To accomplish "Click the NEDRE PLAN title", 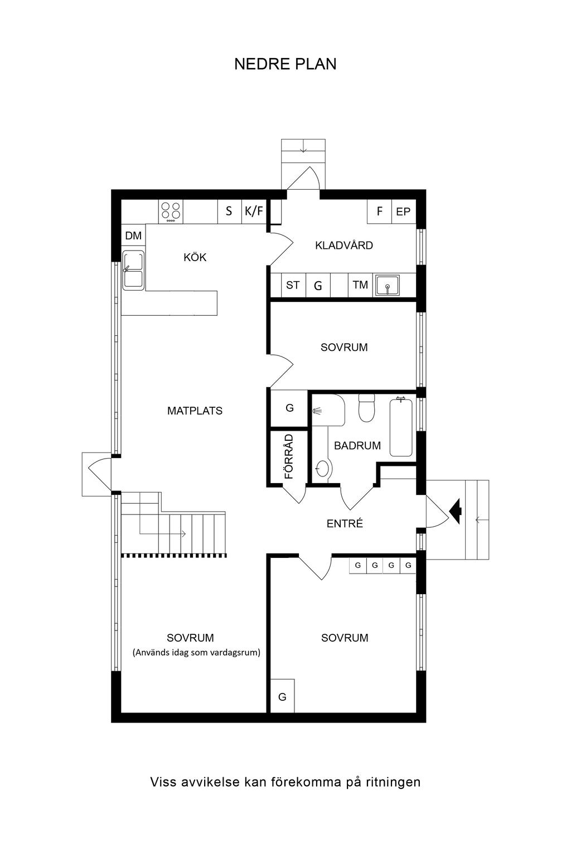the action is pos(285,64).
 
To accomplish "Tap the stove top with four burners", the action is pos(171,212).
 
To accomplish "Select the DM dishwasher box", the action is pos(133,235).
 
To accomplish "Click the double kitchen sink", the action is pos(133,270).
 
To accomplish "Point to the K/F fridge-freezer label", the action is pos(254,211).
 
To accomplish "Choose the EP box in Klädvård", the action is pos(404,211).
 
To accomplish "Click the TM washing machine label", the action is pos(360,285).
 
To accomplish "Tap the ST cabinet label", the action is pos(293,285).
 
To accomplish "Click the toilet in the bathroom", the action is pos(366,408).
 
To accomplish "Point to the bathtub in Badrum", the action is pos(401,427).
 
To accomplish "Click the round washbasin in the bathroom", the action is pos(322,468).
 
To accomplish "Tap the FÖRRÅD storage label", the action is pos(289,456).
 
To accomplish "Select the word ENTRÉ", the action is pos(345,524).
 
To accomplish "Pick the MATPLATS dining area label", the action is pos(195,411).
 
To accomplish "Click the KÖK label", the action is pos(195,257).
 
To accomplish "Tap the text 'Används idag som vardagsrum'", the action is pos(197,652).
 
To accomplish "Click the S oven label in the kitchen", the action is pos(229,211).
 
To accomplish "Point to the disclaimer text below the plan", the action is pos(285,782).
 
